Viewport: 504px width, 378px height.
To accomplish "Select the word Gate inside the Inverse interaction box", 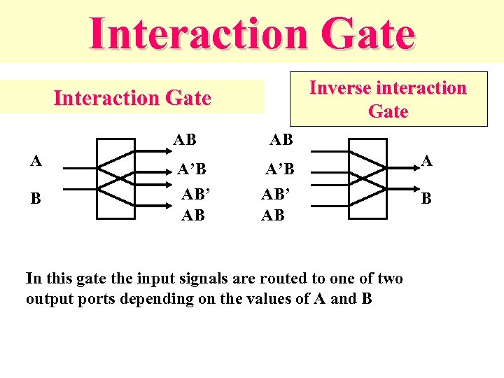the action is point(388,111).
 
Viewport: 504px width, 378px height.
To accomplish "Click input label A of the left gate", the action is point(35,160).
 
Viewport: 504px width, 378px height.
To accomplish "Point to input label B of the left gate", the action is point(35,198).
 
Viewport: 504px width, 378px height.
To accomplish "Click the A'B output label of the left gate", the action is point(191,169).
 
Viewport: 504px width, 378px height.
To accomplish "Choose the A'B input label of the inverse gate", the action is point(280,169).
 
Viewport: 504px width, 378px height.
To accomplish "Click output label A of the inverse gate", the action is point(428,161).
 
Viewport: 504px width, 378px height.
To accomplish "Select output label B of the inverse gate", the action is point(426,199).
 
